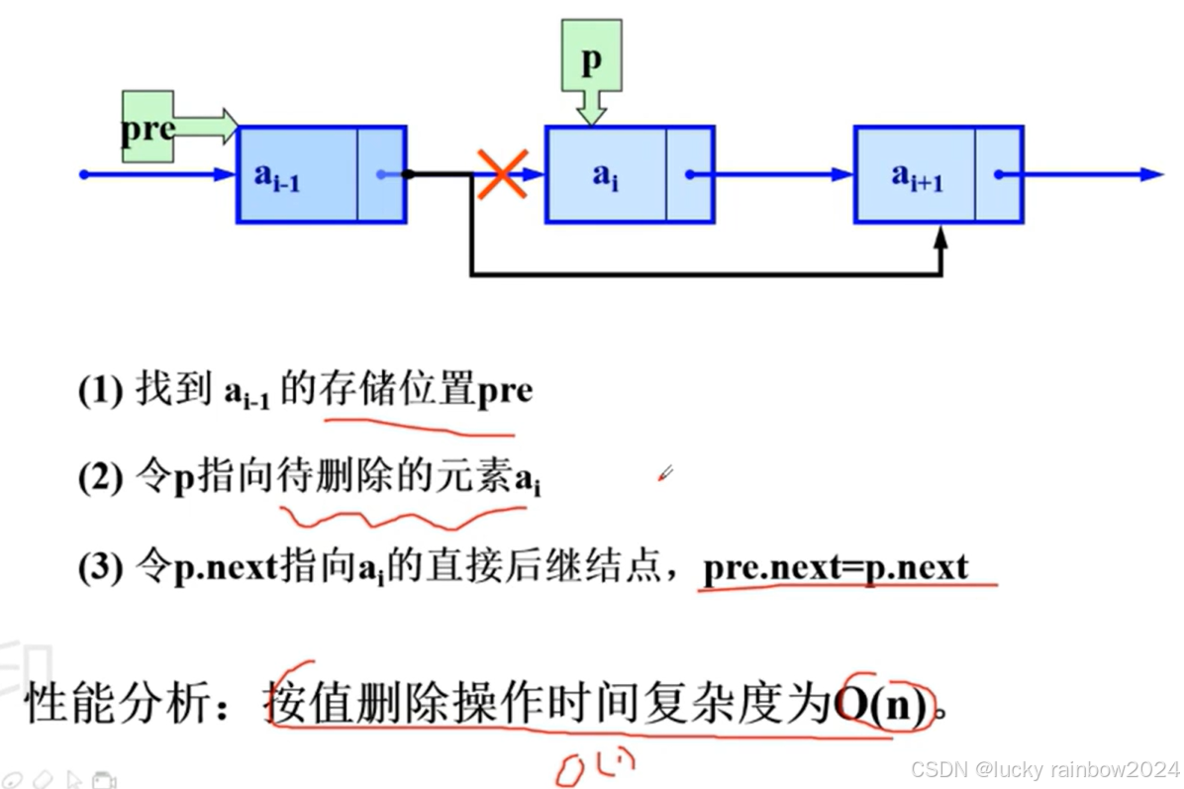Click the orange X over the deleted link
(x=503, y=174)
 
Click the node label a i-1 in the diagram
(x=276, y=176)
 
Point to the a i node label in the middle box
(x=605, y=176)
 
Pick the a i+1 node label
(x=916, y=176)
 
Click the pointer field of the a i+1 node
(x=999, y=174)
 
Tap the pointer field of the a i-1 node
(x=381, y=174)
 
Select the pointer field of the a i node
(x=690, y=174)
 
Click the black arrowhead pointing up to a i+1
(x=940, y=239)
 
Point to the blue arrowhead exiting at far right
(x=1150, y=174)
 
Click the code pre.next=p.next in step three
(x=836, y=568)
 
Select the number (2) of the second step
(x=99, y=480)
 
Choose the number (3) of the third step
(x=99, y=568)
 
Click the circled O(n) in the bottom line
(x=884, y=704)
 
